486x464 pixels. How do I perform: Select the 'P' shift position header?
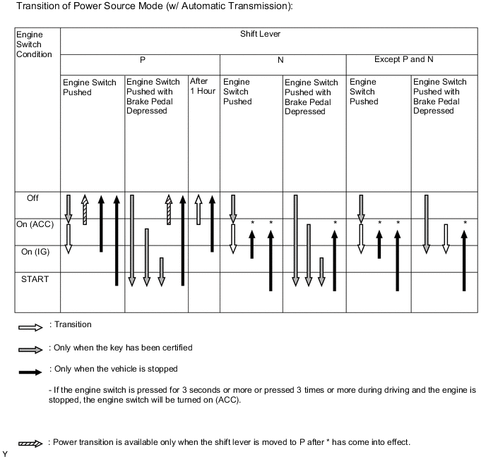click(140, 61)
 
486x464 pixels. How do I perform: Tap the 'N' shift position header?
click(280, 61)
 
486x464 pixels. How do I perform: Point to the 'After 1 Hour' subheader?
click(203, 87)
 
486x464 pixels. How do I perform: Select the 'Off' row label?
click(32, 198)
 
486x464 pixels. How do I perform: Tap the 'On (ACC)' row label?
click(35, 224)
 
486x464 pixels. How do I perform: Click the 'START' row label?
click(35, 279)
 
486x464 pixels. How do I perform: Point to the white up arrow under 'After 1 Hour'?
click(198, 209)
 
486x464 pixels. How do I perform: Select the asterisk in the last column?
click(465, 223)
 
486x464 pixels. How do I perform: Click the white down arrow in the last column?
click(445, 238)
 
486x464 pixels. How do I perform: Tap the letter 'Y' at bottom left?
click(6, 454)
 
